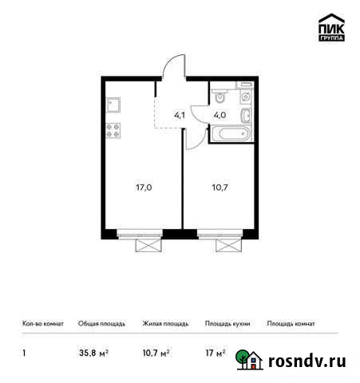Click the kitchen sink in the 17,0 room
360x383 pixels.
pyautogui.click(x=113, y=105)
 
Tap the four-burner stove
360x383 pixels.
pyautogui.click(x=113, y=132)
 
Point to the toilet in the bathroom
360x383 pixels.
pyautogui.click(x=220, y=97)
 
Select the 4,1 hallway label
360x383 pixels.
pyautogui.click(x=180, y=114)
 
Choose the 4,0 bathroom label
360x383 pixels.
pyautogui.click(x=217, y=114)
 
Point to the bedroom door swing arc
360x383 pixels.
pyautogui.click(x=192, y=137)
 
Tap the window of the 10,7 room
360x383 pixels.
pyautogui.click(x=220, y=234)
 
